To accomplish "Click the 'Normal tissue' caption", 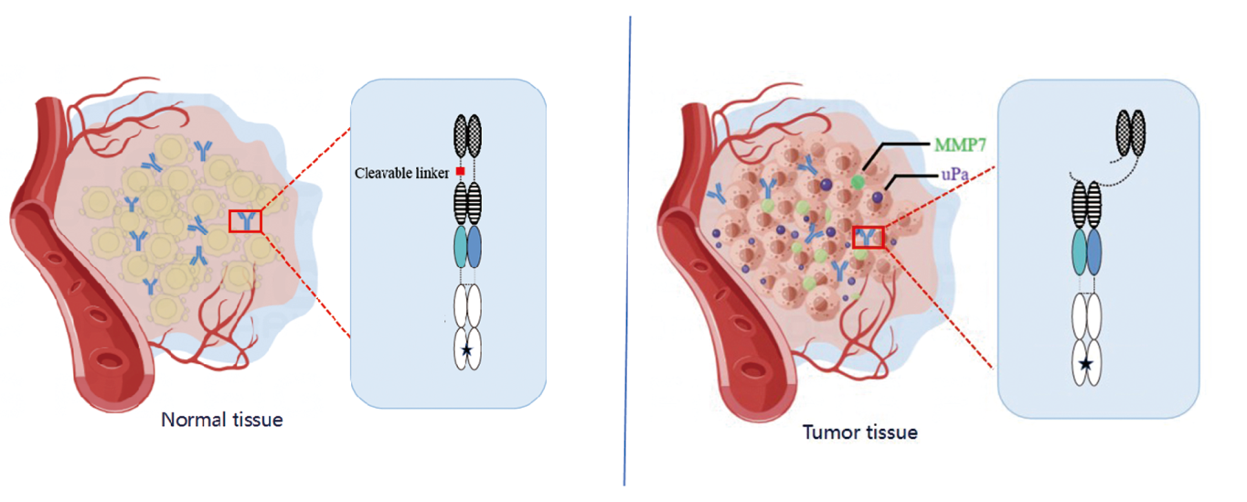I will coord(222,421).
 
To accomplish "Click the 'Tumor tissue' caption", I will coord(859,432).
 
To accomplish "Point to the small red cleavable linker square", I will coord(460,172).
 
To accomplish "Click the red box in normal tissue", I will coord(245,219).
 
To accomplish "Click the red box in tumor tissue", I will coord(868,236).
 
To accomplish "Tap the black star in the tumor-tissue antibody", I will coord(1085,364).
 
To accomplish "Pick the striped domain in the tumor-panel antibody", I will coord(1086,203).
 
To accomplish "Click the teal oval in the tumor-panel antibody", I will coord(1078,249).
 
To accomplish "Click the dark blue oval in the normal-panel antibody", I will coord(474,245).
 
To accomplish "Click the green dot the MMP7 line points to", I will coord(858,182).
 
